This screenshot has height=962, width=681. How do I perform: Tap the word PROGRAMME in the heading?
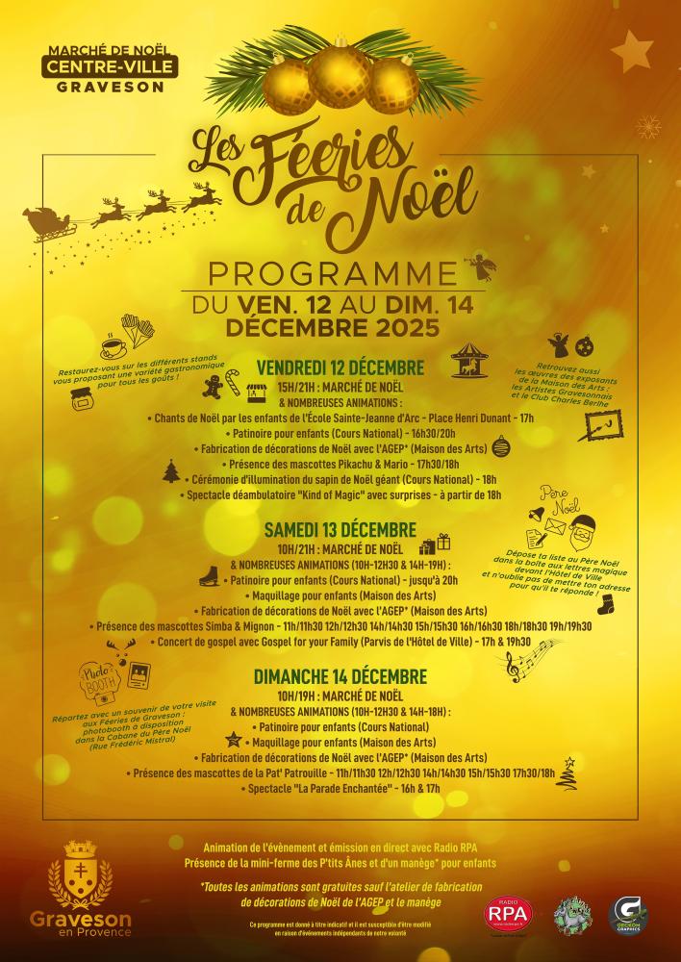[x=340, y=273]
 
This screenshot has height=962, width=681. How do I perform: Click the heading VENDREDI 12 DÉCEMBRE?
[x=340, y=367]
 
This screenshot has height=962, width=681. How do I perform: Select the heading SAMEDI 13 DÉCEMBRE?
[x=340, y=530]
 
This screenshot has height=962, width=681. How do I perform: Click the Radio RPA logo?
[x=509, y=915]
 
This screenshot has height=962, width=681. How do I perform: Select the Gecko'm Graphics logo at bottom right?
[x=629, y=914]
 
